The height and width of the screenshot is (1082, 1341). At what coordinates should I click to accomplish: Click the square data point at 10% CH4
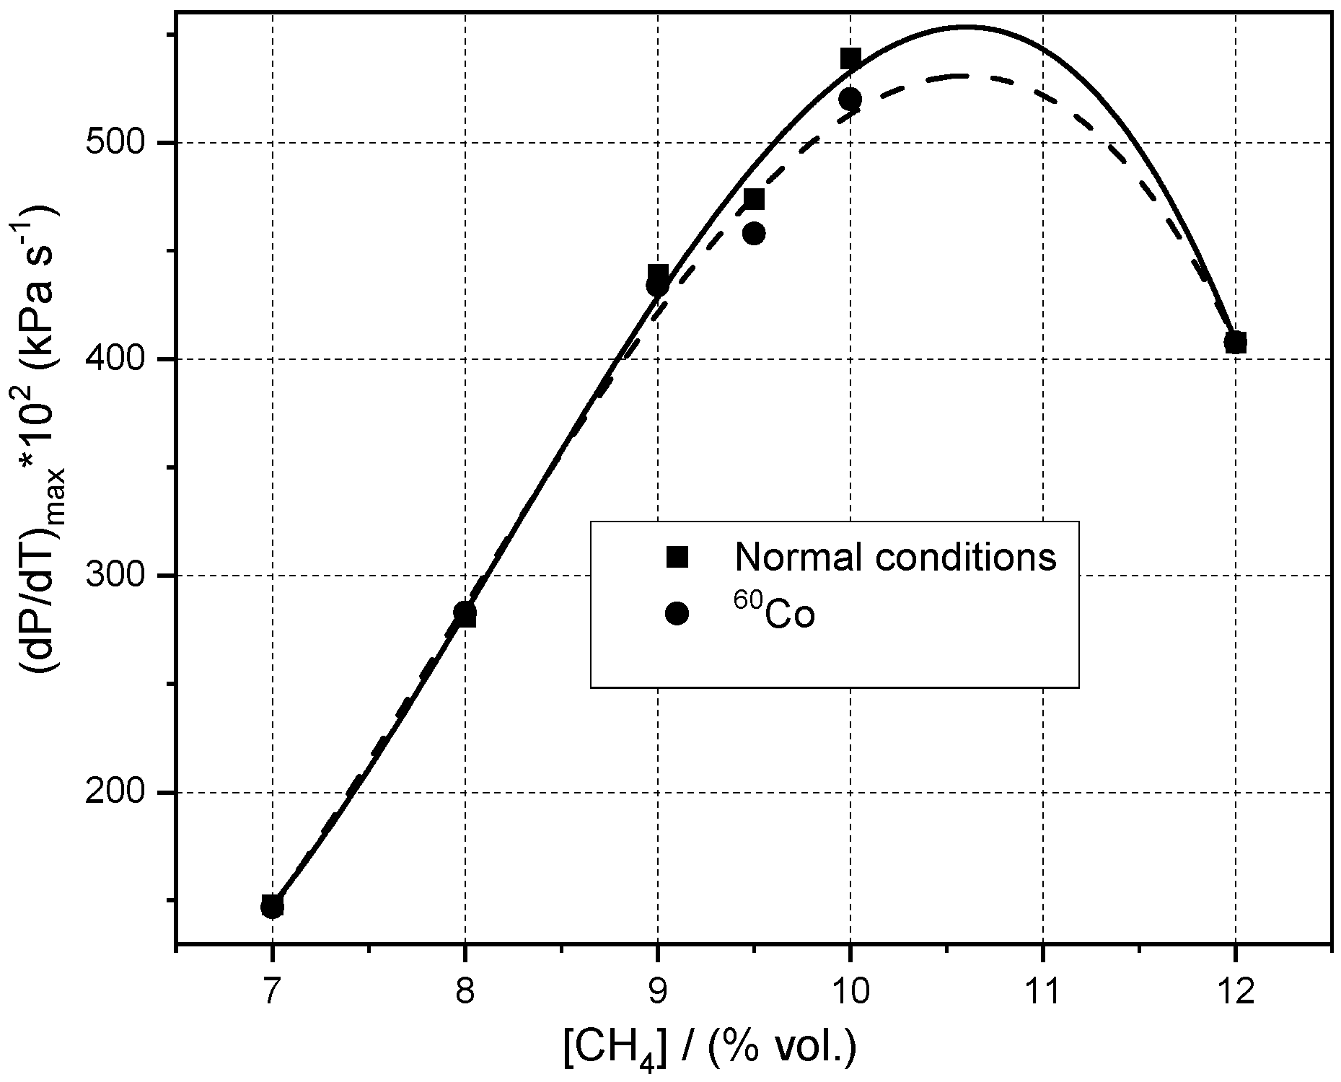[850, 58]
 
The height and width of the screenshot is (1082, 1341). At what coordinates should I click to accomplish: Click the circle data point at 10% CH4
[850, 99]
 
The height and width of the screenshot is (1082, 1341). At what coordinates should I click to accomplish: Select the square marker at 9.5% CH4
[754, 199]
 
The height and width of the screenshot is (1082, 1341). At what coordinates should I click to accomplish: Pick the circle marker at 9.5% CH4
[754, 233]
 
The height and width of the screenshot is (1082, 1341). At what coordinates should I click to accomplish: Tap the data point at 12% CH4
[1235, 342]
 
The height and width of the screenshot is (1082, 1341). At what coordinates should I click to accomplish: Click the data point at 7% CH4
[272, 906]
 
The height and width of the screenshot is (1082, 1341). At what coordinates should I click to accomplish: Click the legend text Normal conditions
[895, 556]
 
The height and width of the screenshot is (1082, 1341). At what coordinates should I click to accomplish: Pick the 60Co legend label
[775, 614]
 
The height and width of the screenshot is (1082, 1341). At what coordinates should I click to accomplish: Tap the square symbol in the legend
[677, 556]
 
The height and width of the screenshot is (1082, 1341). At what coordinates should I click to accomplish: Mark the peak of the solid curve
[965, 27]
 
